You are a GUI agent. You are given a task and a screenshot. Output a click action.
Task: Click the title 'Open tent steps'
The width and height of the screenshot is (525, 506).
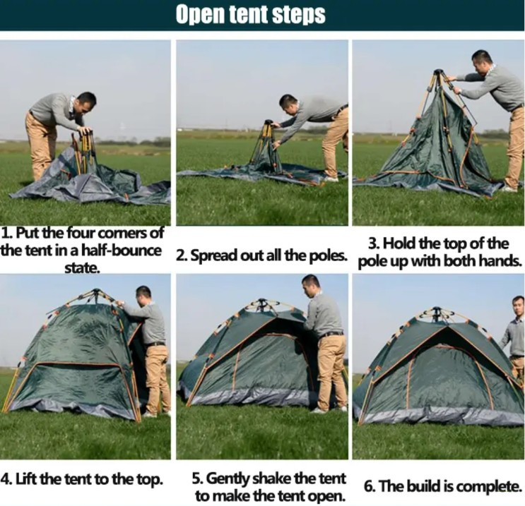click(250, 15)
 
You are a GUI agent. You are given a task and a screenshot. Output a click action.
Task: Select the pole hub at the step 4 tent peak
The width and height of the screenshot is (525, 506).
click(96, 291)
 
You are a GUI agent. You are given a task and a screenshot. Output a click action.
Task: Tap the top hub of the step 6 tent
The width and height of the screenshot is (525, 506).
click(435, 310)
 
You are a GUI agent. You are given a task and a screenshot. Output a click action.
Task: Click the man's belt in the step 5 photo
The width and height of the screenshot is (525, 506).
click(331, 334)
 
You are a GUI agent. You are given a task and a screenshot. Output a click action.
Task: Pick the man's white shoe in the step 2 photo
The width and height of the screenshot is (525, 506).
click(331, 179)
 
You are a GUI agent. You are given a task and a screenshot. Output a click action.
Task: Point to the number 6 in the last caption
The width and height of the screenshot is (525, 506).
click(367, 486)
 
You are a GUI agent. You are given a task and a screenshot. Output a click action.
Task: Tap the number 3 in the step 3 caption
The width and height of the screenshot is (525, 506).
click(372, 243)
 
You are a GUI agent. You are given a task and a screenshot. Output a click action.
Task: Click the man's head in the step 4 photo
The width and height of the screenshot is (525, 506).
click(143, 296)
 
